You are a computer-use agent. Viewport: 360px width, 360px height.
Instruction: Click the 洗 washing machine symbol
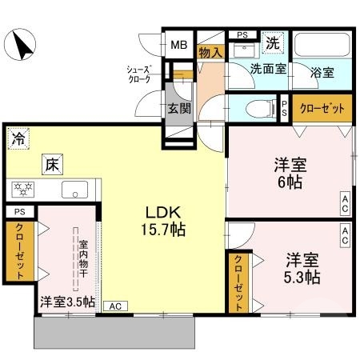click(273, 42)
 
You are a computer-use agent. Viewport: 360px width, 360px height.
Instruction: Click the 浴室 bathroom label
click(323, 70)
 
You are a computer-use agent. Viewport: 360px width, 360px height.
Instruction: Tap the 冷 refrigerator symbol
click(17, 138)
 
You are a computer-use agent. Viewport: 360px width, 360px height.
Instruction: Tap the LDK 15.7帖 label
click(165, 221)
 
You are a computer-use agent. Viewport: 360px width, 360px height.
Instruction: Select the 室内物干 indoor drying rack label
click(82, 254)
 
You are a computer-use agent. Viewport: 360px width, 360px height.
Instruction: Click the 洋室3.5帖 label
click(67, 302)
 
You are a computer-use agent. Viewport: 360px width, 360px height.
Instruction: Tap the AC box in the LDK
click(114, 306)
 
